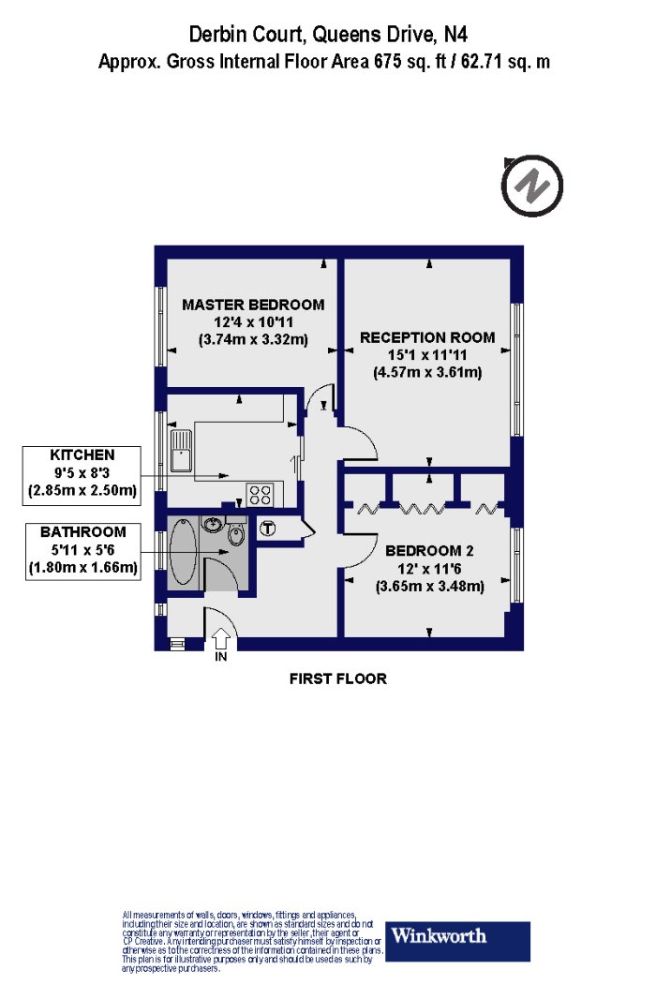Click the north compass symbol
pyautogui.click(x=531, y=186)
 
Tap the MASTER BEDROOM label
pyautogui.click(x=253, y=305)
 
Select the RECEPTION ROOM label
pyautogui.click(x=427, y=337)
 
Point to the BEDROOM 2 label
pyautogui.click(x=429, y=551)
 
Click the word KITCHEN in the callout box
pyautogui.click(x=82, y=455)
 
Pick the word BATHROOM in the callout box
pyautogui.click(x=82, y=532)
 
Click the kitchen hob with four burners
pyautogui.click(x=260, y=494)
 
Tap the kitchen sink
pyautogui.click(x=181, y=451)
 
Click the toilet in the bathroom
pyautogui.click(x=236, y=535)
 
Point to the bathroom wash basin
pyautogui.click(x=212, y=523)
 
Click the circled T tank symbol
pyautogui.click(x=268, y=529)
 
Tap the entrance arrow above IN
pyautogui.click(x=221, y=639)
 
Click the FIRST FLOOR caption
pyautogui.click(x=337, y=678)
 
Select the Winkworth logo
pyautogui.click(x=457, y=941)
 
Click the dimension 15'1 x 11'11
pyautogui.click(x=427, y=355)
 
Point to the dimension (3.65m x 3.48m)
pyautogui.click(x=429, y=587)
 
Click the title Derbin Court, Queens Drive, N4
pyautogui.click(x=328, y=34)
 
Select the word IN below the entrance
pyautogui.click(x=221, y=657)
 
